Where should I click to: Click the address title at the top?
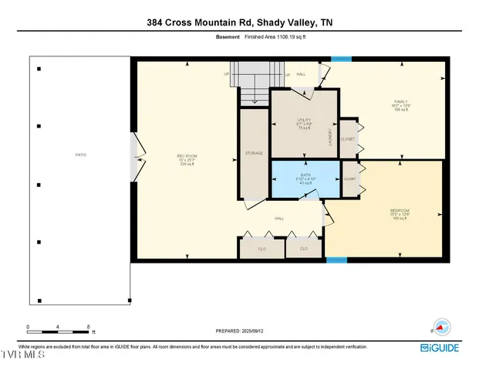239,23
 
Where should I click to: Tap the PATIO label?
80,155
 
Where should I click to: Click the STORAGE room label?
254,153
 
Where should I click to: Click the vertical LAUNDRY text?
330,137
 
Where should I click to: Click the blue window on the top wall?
341,59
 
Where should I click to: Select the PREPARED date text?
239,331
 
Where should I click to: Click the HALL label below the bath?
278,218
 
